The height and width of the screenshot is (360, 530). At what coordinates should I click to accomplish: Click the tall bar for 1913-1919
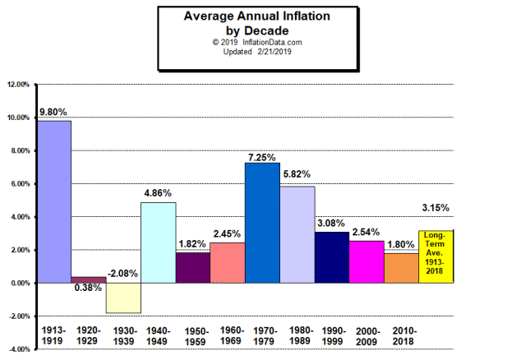coord(54,201)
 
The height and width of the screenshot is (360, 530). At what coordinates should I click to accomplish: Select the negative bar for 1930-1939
coord(123,298)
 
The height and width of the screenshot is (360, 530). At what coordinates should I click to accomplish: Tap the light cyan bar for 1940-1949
coord(158,242)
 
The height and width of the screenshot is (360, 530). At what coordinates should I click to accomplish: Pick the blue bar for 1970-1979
coord(262,223)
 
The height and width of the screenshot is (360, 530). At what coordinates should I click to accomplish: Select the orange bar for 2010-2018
coord(402,268)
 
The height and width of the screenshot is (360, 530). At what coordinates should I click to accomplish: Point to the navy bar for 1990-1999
coord(332,257)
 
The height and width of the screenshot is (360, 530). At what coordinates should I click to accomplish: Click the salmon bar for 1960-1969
coord(228,262)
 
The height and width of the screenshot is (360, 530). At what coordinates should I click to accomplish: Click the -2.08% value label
coord(123,273)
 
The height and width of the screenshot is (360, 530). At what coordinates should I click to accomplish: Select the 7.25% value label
coord(262,155)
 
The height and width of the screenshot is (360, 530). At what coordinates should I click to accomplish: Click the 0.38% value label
coord(89,288)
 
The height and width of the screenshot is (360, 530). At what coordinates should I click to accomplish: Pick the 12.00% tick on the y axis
coord(19,85)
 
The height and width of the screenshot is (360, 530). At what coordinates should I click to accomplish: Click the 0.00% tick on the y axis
coord(21,283)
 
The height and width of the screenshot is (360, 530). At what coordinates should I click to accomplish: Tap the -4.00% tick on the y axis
coord(19,349)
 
